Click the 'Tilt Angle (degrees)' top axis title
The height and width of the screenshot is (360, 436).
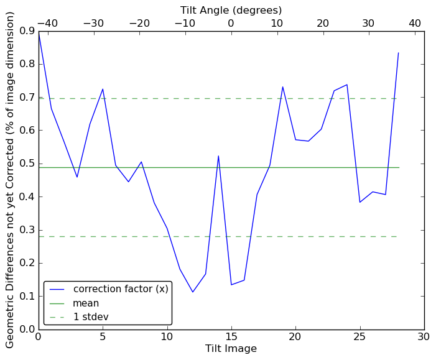(231, 10)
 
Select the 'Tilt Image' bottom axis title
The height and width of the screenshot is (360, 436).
(231, 349)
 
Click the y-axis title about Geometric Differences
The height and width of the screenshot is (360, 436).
(11, 180)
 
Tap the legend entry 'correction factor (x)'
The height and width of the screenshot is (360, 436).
(121, 289)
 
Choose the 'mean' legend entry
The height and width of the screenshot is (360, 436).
(86, 303)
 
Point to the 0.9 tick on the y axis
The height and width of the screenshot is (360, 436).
(26, 31)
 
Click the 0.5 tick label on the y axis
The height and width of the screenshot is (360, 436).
(26, 164)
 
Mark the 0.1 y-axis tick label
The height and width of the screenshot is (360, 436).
(26, 296)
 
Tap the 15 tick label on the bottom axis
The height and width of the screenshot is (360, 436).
(231, 336)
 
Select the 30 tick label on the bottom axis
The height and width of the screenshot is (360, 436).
(424, 336)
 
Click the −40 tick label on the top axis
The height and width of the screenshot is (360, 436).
(47, 23)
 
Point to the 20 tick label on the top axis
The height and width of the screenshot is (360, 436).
(323, 23)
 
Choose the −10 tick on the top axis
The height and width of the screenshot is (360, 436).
(185, 23)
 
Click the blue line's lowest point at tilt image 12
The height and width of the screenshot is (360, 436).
(193, 292)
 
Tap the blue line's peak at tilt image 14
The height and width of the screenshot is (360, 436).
(218, 155)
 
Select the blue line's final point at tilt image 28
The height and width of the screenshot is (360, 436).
(398, 53)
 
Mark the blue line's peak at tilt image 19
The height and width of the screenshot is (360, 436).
(282, 86)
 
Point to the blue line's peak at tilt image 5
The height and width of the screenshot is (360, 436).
(103, 89)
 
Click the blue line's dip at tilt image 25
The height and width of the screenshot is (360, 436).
(359, 202)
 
